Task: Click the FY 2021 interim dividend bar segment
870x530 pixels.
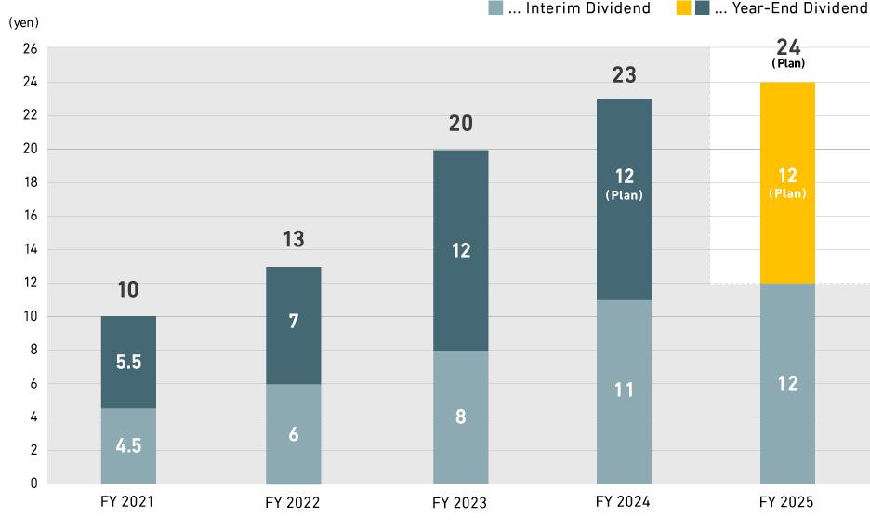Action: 128,445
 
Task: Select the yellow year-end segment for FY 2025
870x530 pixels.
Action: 787,182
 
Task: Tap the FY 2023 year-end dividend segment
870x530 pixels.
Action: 461,250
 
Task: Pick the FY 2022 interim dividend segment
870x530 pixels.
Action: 294,433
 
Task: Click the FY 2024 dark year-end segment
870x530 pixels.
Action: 624,199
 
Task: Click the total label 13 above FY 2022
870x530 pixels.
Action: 294,240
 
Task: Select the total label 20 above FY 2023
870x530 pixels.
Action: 461,124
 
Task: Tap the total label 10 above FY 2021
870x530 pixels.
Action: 128,290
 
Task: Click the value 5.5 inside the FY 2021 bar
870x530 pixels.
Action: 128,363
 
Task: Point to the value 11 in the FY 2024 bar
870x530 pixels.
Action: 624,391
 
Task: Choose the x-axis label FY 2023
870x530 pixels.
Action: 459,503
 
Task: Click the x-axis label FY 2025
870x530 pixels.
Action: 785,502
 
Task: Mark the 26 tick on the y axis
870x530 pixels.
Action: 31,49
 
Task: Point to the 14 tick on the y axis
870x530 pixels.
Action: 31,249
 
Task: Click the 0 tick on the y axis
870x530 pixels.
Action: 33,484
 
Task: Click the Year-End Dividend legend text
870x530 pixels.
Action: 791,8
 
